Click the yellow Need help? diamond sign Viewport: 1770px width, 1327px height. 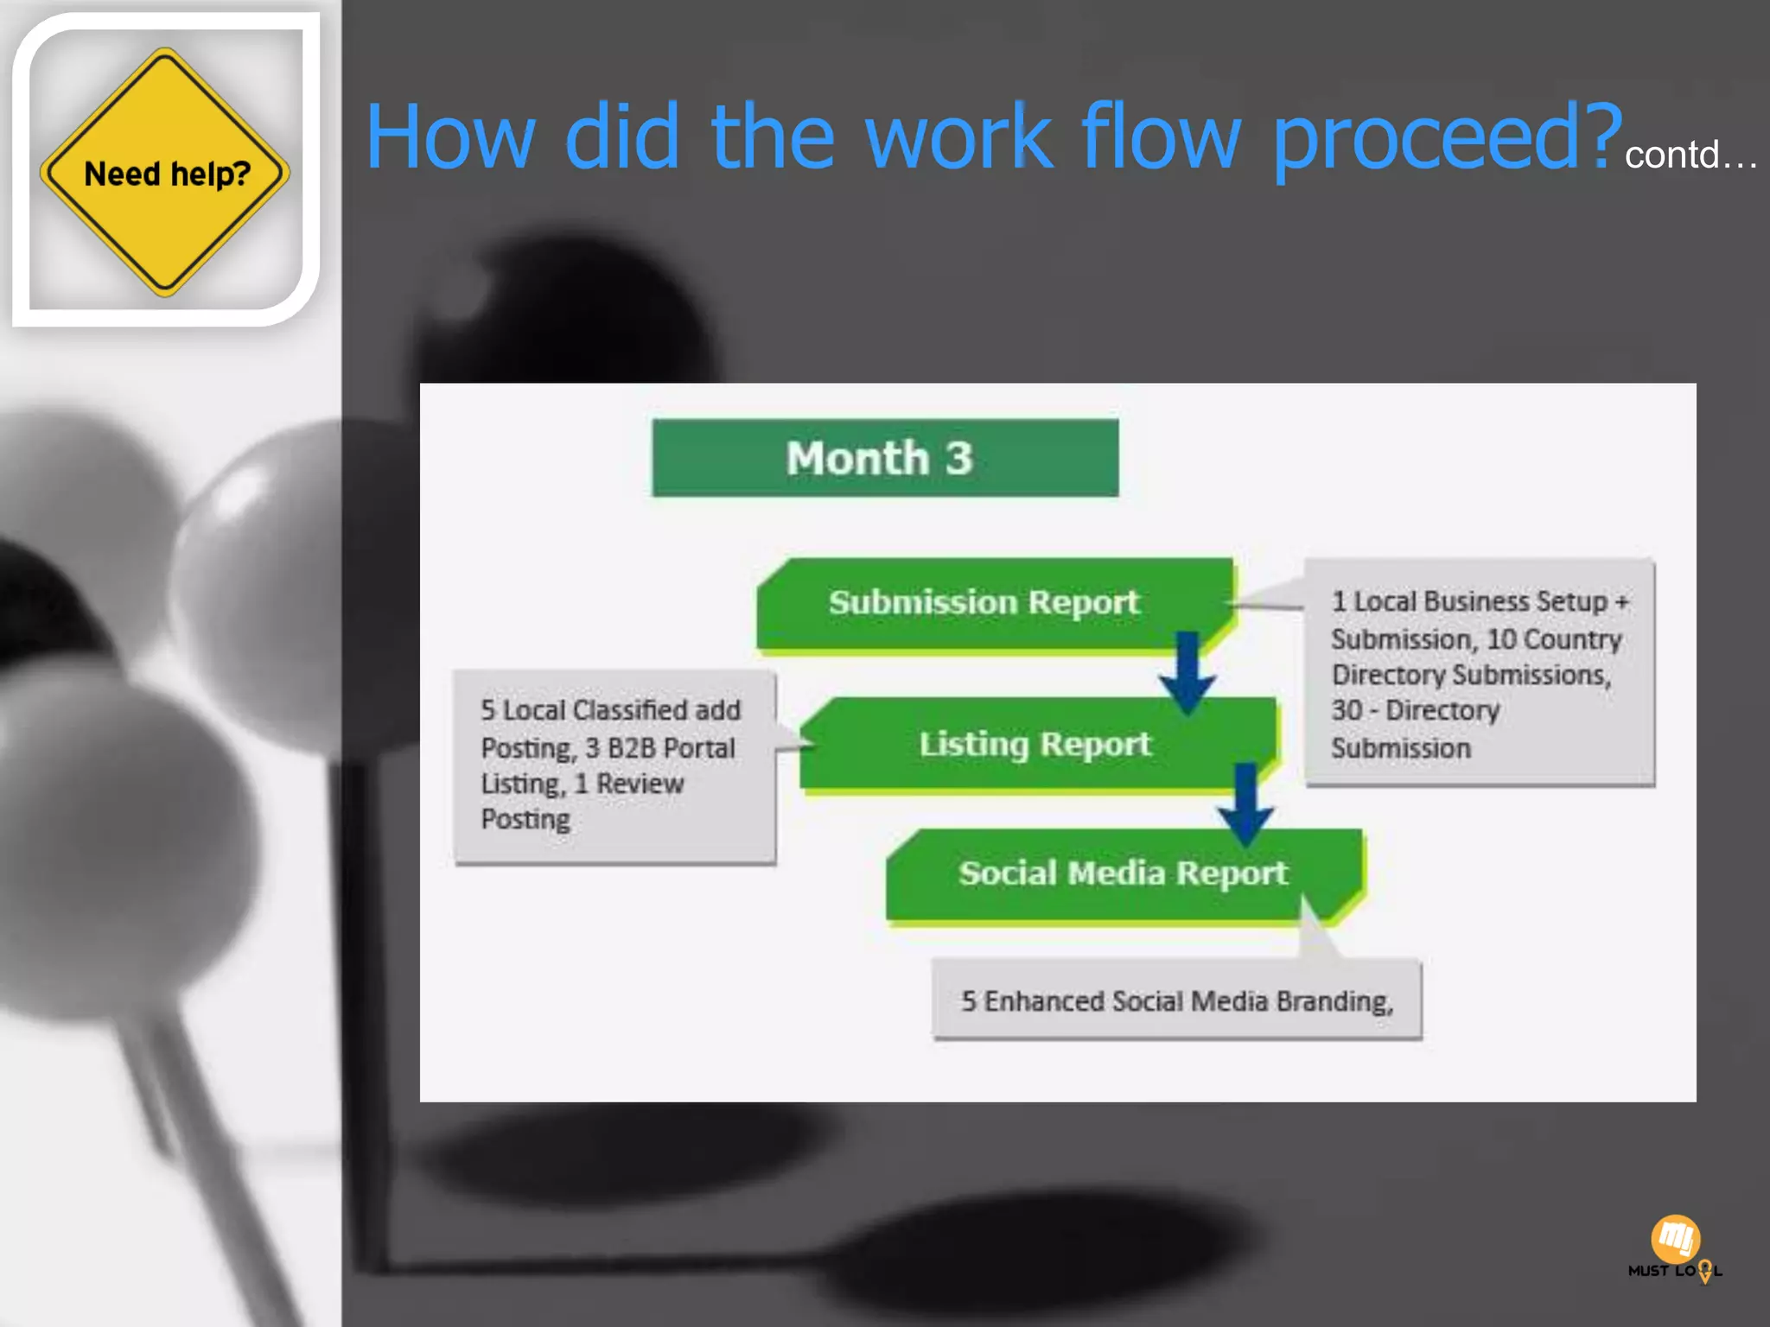click(x=164, y=172)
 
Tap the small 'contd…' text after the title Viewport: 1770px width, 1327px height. click(x=1690, y=156)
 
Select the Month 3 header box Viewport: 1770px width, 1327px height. click(x=884, y=458)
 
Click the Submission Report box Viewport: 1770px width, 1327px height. click(x=985, y=602)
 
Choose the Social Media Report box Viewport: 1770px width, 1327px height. click(x=1121, y=873)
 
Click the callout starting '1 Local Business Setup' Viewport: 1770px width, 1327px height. click(x=1479, y=673)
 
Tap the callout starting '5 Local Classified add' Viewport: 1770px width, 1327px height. click(x=614, y=765)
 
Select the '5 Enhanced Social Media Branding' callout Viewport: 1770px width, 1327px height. click(x=1176, y=1000)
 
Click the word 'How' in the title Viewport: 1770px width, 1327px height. click(x=450, y=138)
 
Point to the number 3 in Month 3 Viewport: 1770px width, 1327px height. click(x=958, y=458)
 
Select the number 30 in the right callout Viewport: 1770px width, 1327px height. click(x=1347, y=710)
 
